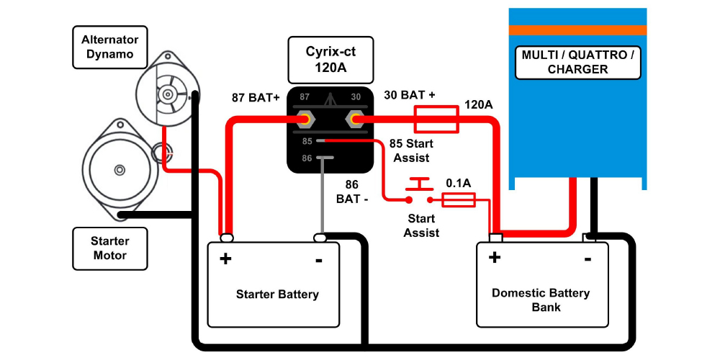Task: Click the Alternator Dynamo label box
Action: pos(109,48)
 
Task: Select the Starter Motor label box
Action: pos(109,248)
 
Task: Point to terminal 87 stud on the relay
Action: pos(305,119)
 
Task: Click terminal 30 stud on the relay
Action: pos(355,119)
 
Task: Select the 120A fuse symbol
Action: pos(436,119)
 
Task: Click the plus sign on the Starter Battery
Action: pos(225,258)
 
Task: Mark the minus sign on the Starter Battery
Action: pos(319,258)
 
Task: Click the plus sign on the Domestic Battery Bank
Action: pos(495,258)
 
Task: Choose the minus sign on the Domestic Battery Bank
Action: pos(588,258)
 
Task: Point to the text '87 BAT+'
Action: pos(255,97)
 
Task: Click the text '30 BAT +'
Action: pos(410,95)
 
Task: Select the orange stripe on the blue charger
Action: pos(577,30)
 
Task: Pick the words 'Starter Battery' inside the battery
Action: pos(277,294)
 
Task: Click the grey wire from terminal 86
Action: pos(320,194)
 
